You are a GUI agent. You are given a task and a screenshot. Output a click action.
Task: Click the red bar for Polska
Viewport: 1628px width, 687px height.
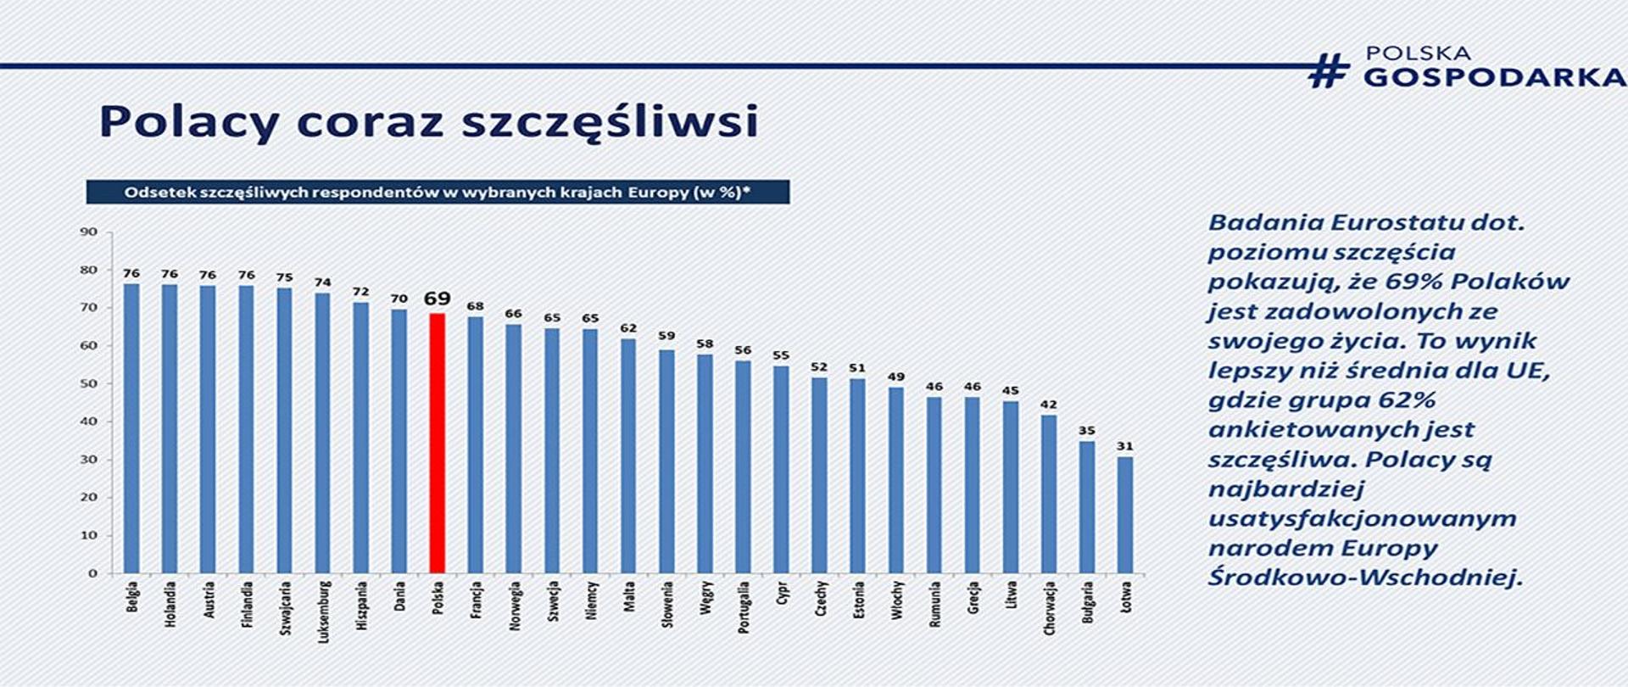coord(437,443)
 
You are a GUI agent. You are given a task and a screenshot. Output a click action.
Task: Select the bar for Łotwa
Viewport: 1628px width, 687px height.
coord(1124,515)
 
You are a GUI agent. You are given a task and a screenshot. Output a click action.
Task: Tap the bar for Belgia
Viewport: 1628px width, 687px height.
coord(131,428)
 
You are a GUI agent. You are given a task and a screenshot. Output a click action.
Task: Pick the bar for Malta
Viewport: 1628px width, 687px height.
coord(628,455)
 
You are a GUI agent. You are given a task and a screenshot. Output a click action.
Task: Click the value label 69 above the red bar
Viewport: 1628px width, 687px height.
coord(437,299)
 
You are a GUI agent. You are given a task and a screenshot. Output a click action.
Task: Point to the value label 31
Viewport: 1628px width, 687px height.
coord(1124,446)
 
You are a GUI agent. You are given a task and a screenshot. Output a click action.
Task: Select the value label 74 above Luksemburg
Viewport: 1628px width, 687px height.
coord(322,282)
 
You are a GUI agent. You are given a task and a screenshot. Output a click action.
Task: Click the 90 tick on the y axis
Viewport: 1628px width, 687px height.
coord(89,232)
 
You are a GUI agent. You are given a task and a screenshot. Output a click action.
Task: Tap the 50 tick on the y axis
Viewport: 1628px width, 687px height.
coord(89,383)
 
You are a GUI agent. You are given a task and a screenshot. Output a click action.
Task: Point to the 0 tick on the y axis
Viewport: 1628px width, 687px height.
coord(92,573)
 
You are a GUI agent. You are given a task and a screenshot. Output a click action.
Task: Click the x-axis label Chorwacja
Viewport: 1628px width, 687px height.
coord(1049,608)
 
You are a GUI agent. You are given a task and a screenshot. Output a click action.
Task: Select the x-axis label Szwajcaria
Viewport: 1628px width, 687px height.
coord(285,608)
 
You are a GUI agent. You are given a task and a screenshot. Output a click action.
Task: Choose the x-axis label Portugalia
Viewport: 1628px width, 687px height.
coord(744,607)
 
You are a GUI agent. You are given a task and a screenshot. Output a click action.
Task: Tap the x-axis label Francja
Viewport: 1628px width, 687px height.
coord(476,600)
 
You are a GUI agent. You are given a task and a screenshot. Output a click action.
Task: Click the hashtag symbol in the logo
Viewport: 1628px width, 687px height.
coord(1329,70)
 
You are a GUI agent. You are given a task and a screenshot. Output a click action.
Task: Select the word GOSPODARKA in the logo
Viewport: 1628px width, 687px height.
coord(1494,77)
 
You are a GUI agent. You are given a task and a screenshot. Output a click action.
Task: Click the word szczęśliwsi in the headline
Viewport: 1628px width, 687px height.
coord(609,121)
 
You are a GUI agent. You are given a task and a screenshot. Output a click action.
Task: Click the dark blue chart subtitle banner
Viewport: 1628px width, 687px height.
coord(438,192)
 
